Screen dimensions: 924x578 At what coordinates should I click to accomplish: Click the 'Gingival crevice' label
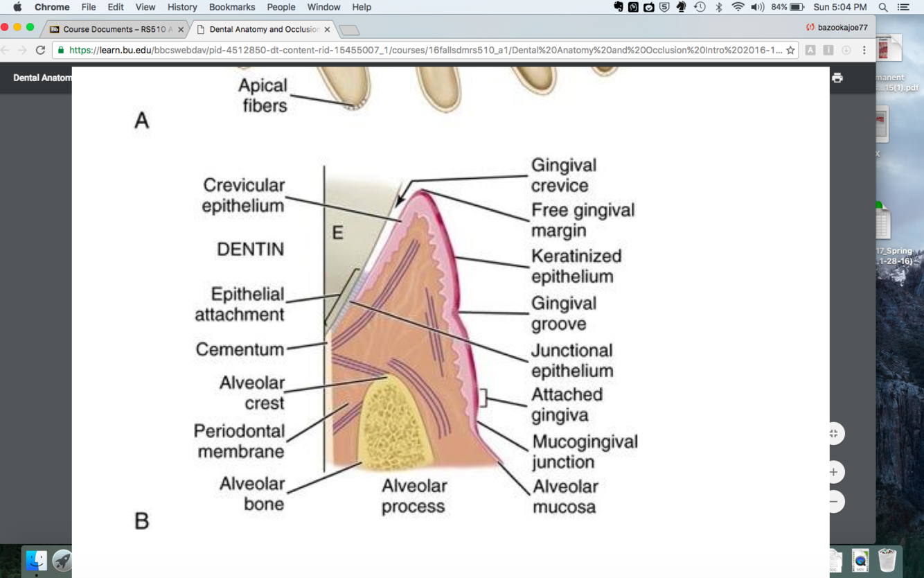pos(563,175)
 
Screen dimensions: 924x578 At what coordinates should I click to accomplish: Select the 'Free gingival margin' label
pos(583,220)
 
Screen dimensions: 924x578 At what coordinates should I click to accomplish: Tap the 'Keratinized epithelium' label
pos(576,266)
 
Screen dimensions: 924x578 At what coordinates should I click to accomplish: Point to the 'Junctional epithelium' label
pos(571,360)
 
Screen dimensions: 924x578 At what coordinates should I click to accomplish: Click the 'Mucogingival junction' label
pos(584,452)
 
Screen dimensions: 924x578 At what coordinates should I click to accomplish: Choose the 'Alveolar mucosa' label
pos(565,496)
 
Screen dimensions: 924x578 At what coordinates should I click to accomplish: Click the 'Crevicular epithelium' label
pos(243,195)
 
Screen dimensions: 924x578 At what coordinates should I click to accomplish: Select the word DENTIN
pos(250,249)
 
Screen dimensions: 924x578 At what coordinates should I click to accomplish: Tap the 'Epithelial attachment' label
pos(240,304)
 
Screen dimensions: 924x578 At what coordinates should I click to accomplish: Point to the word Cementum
pos(240,349)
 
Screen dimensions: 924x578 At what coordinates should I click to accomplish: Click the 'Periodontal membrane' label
pos(240,441)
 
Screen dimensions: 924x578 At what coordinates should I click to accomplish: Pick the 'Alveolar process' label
pos(414,496)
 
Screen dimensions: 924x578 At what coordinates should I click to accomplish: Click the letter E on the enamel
pos(337,232)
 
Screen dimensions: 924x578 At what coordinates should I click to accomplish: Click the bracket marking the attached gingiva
pos(484,398)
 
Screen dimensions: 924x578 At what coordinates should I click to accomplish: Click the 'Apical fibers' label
pos(263,96)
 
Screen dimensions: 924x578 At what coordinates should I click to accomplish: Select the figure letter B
pos(142,520)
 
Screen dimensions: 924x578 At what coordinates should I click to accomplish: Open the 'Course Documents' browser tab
pos(114,29)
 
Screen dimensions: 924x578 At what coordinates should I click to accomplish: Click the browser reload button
pos(40,50)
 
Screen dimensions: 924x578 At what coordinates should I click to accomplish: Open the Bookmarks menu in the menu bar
pos(232,7)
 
